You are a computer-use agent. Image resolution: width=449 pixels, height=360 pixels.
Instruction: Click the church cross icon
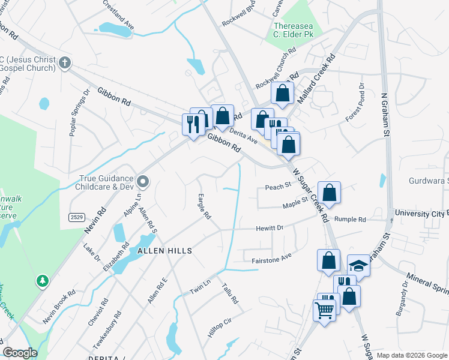tap(65, 62)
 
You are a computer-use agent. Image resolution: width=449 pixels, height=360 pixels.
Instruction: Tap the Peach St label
tap(278, 187)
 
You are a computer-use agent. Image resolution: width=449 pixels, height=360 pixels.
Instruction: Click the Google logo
tap(20, 353)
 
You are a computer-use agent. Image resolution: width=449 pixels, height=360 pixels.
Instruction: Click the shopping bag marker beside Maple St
tap(329, 193)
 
